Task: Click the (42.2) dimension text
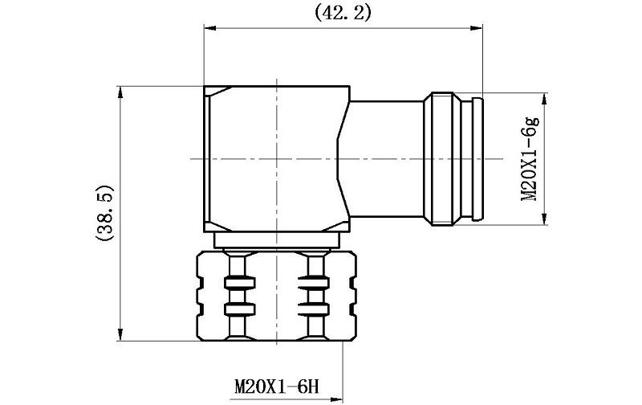click(x=343, y=12)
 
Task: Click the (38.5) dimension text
click(x=104, y=214)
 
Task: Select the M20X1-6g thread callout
click(x=530, y=159)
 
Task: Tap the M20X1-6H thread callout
click(x=276, y=387)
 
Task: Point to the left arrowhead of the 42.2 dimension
click(x=209, y=28)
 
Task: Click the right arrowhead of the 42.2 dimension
click(x=477, y=28)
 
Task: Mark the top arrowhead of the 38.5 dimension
click(x=120, y=92)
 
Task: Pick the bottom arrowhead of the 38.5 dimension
click(x=120, y=335)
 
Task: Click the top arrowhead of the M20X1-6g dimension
click(x=544, y=99)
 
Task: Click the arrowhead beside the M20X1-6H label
click(x=336, y=398)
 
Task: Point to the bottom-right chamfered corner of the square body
click(x=335, y=227)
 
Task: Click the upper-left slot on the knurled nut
click(x=239, y=282)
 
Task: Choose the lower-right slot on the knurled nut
click(x=314, y=309)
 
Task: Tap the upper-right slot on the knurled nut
click(x=314, y=282)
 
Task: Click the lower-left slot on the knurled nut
click(x=239, y=309)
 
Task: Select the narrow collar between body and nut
click(x=277, y=240)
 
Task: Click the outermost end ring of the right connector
click(x=477, y=159)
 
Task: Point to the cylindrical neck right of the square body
click(x=384, y=158)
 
